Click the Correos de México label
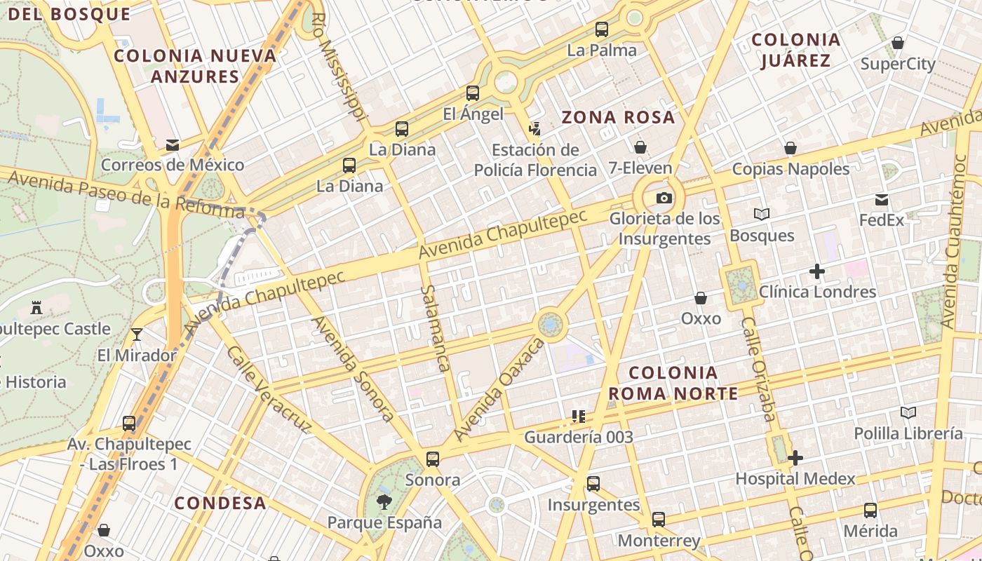(x=173, y=165)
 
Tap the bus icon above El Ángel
(x=473, y=93)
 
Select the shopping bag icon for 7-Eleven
(x=640, y=147)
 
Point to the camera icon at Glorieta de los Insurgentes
(x=664, y=198)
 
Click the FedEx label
(x=882, y=219)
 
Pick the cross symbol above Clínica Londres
(x=816, y=271)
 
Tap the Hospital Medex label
(x=795, y=479)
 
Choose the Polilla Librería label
(x=908, y=433)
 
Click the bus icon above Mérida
(x=870, y=511)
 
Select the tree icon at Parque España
(x=384, y=501)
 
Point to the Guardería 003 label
(x=579, y=437)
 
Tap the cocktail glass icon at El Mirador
(x=137, y=334)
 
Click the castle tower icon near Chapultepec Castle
(x=36, y=308)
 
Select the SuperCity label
(x=898, y=65)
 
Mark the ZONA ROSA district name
(x=618, y=117)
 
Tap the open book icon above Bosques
(x=761, y=215)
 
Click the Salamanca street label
(x=435, y=327)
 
